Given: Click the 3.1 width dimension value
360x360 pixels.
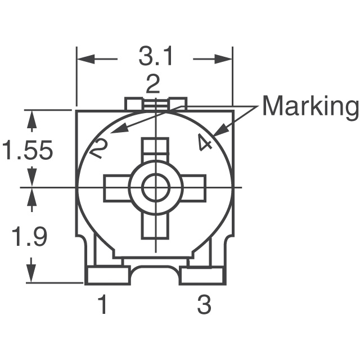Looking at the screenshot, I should (155, 57).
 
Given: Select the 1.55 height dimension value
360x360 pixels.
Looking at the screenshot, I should (28, 150).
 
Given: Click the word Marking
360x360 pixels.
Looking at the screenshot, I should (310, 106).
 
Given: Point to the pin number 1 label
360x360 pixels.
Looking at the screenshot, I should (102, 305).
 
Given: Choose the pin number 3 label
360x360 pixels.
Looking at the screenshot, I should (204, 305).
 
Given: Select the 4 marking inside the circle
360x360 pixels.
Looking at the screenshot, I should (205, 143).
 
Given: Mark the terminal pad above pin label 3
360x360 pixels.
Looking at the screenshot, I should (202, 275).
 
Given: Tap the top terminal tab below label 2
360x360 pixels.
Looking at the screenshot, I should (156, 103).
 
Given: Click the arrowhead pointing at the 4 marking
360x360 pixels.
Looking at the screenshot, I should (217, 133).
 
